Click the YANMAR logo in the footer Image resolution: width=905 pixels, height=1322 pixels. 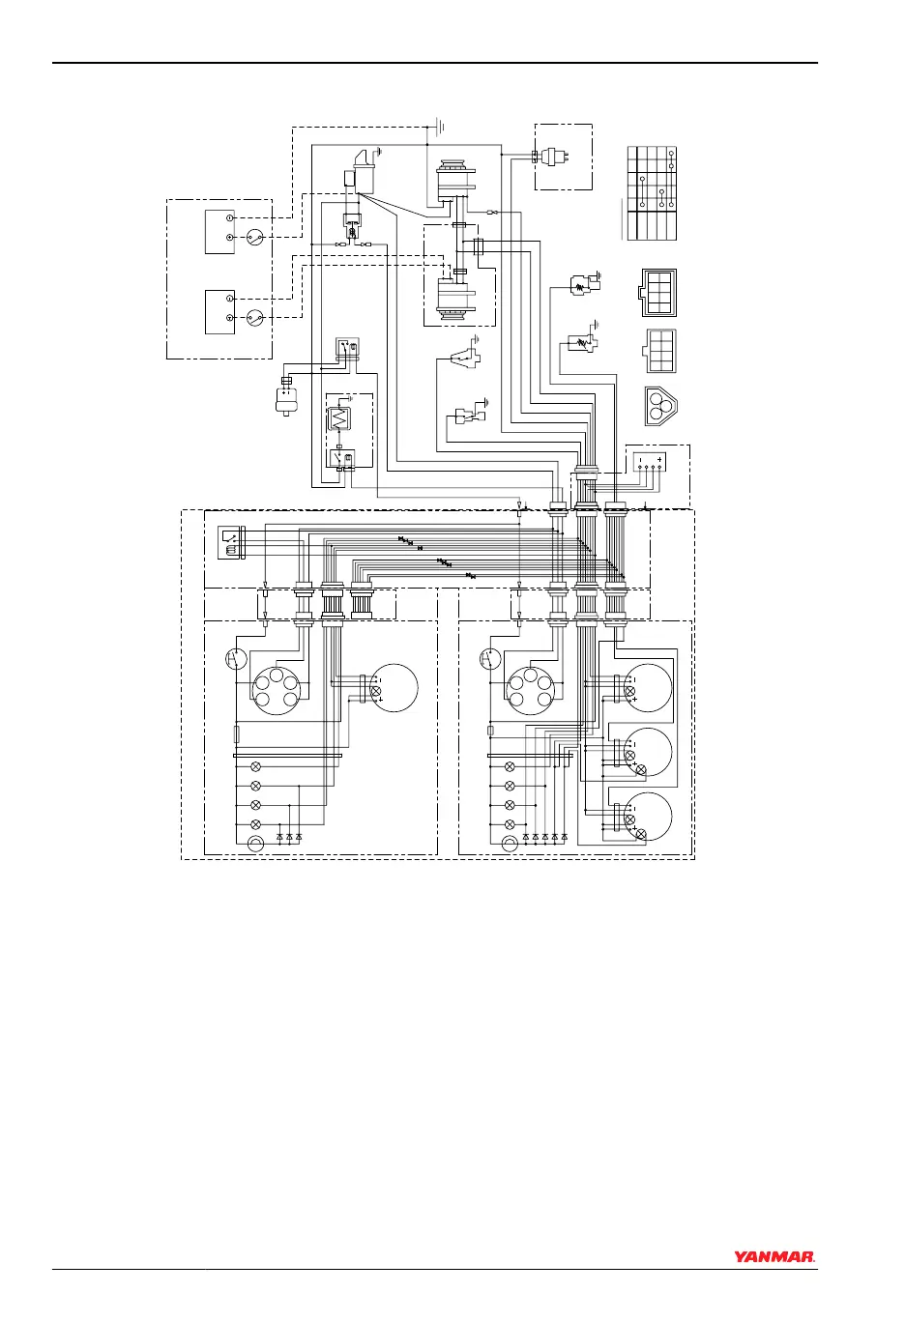click(x=774, y=1257)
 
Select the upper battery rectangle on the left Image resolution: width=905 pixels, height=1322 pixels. click(x=219, y=230)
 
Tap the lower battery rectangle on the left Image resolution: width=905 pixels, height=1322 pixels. click(x=219, y=310)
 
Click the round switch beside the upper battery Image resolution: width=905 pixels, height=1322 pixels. click(x=255, y=237)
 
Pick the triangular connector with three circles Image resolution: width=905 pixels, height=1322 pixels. click(x=660, y=406)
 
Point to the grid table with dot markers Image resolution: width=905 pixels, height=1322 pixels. click(x=652, y=193)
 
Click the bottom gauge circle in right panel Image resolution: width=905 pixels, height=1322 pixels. click(x=647, y=818)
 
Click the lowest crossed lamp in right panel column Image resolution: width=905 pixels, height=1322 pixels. click(x=511, y=824)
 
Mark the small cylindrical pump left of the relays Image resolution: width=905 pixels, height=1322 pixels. click(x=286, y=393)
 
